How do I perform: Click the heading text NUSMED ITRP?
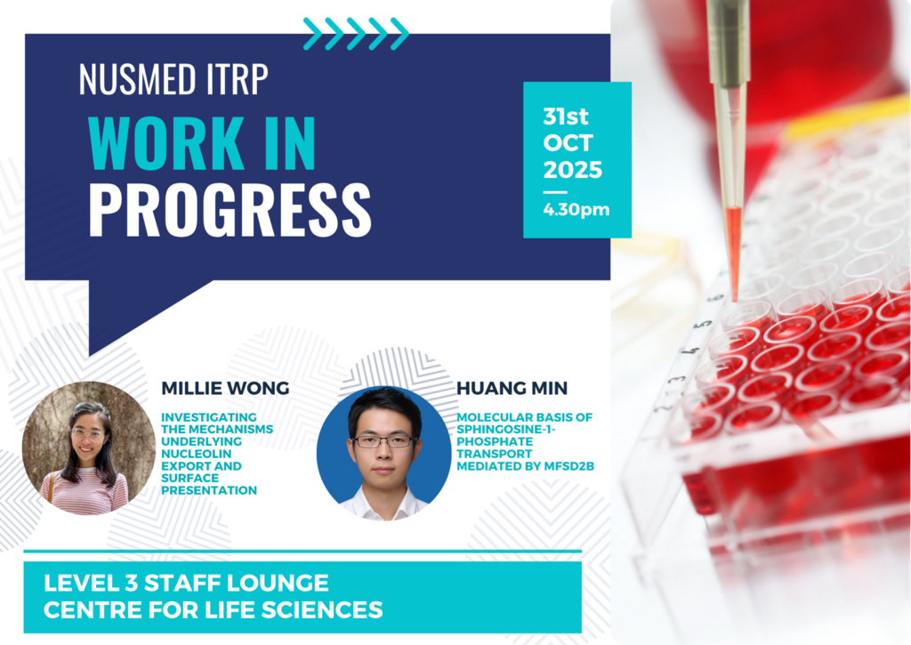coord(173,78)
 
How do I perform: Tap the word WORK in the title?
coord(166,143)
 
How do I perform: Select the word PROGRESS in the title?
coord(230,210)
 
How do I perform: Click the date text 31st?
coord(565,117)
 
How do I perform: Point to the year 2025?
coord(572,170)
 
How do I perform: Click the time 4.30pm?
coord(576,209)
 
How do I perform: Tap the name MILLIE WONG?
coord(225,388)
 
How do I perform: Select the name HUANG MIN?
coord(512,388)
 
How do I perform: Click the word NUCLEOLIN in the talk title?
coord(197,454)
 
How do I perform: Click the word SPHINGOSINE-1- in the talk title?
coord(506,430)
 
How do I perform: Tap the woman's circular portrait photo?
coord(89,448)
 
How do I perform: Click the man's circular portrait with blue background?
coord(383,453)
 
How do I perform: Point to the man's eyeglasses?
coord(383,442)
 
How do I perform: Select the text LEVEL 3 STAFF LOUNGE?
coord(186,583)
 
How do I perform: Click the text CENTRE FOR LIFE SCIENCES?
coord(214,610)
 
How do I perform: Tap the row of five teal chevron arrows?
coord(356,34)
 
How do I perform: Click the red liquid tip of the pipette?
coord(734,250)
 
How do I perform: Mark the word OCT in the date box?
coord(568,143)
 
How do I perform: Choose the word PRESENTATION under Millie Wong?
coord(209,490)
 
